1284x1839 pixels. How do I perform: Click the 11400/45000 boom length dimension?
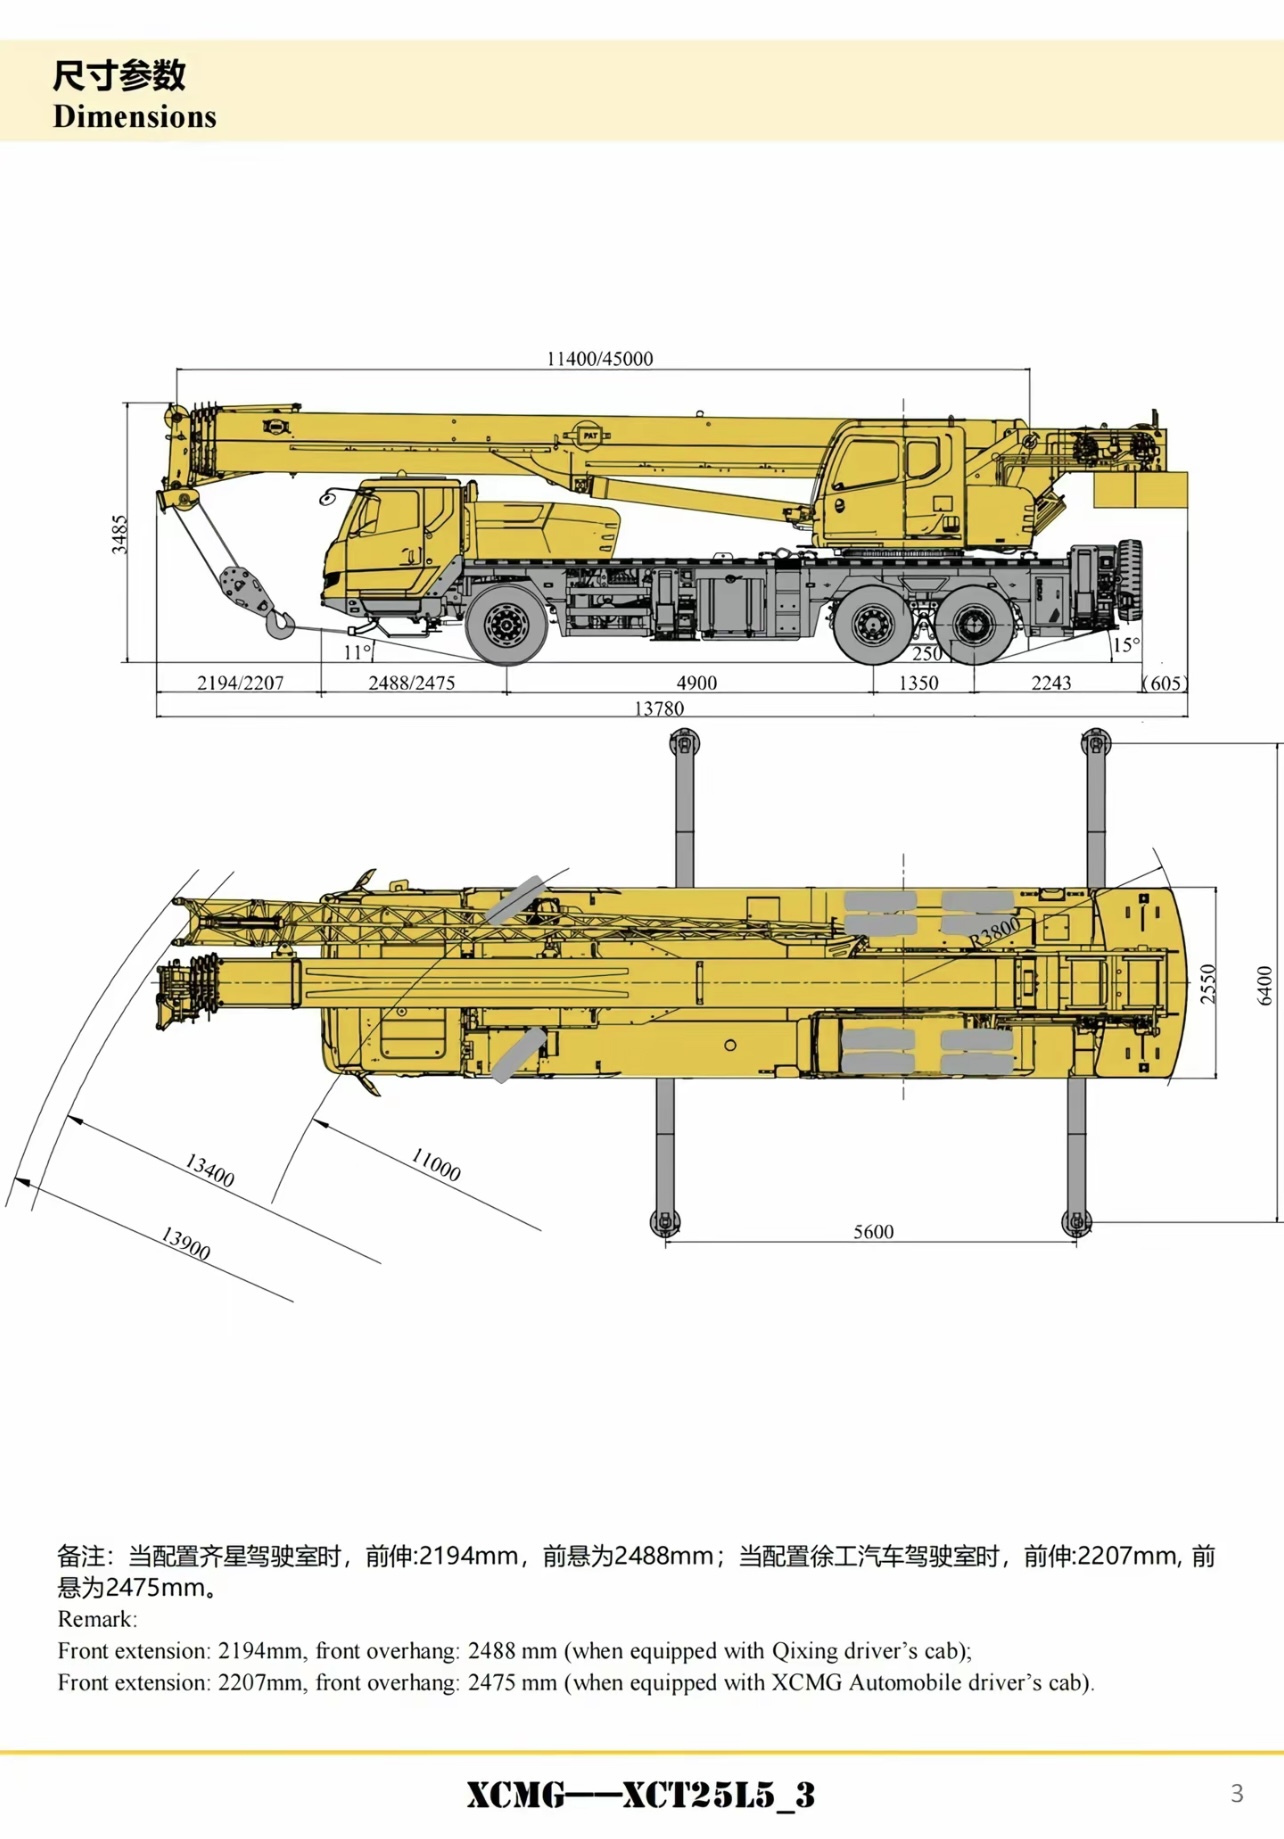599,358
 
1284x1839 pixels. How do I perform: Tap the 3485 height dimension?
119,534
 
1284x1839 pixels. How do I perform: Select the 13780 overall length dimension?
659,708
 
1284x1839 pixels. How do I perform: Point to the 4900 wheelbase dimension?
697,683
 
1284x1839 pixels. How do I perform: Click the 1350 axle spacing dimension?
918,683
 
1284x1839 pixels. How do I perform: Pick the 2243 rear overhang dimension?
1051,683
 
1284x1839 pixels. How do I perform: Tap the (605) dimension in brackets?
1166,683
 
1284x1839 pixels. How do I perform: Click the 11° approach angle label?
357,652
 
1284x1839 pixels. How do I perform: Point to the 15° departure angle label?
1126,645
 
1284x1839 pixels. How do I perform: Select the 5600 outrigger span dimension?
873,1231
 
